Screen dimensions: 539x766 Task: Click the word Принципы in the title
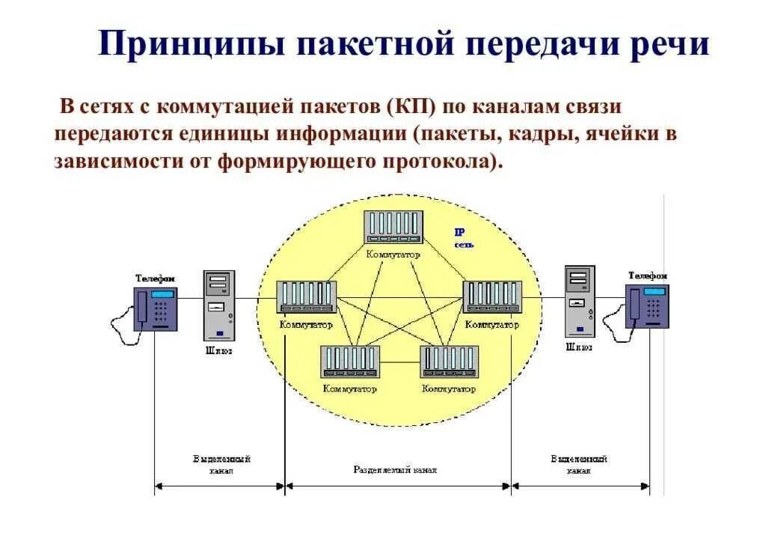click(191, 44)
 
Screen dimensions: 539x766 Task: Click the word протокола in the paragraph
click(437, 162)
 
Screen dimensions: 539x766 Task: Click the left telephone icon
click(156, 308)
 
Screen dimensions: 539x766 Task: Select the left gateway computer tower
click(218, 305)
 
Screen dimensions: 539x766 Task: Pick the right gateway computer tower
click(580, 300)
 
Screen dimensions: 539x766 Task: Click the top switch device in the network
click(393, 227)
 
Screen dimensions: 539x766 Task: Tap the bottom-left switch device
click(350, 362)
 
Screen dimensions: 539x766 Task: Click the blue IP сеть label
click(464, 239)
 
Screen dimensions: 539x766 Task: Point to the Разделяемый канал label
click(395, 470)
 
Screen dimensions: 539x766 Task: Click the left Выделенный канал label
click(221, 465)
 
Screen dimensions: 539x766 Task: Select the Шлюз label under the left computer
click(219, 350)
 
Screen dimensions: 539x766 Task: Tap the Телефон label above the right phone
click(648, 276)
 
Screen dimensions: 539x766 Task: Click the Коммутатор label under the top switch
click(393, 255)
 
